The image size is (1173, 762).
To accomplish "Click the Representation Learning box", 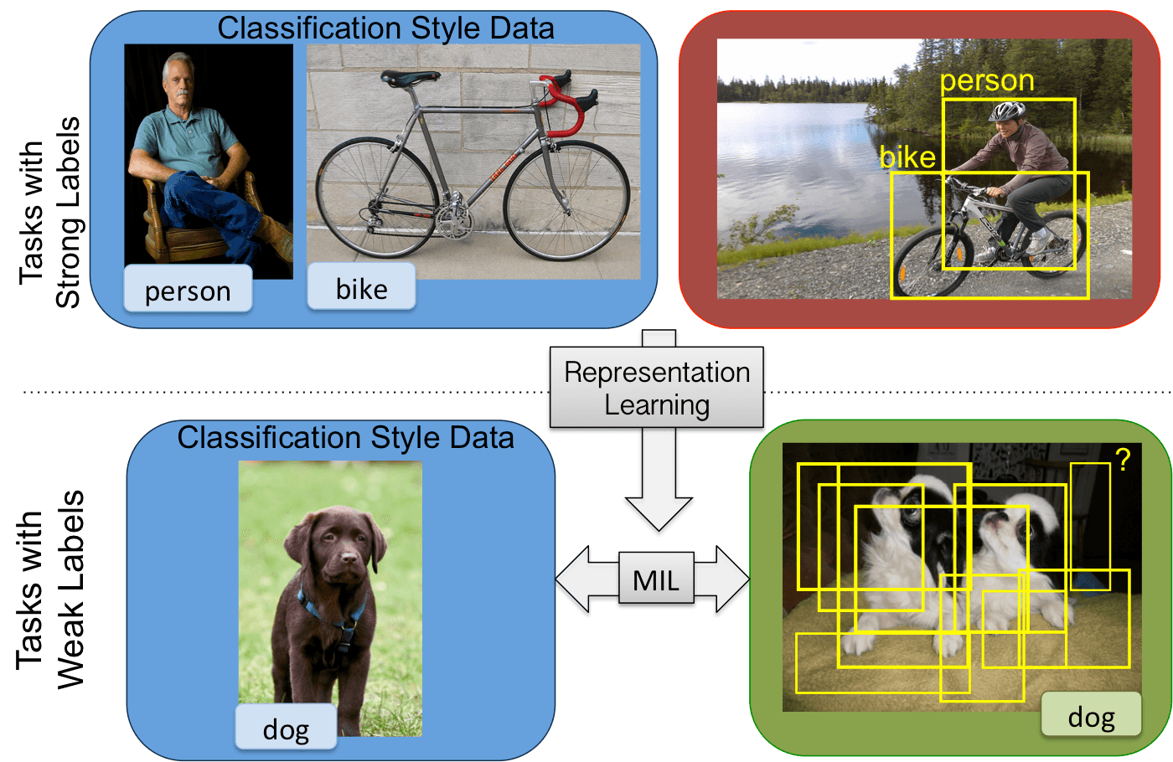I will coord(657,389).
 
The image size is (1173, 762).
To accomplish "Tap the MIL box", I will coord(656,579).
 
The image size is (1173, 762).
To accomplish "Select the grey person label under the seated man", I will coord(188,290).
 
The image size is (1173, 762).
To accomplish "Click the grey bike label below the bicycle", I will coord(361,288).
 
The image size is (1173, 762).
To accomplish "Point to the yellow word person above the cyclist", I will coord(987,81).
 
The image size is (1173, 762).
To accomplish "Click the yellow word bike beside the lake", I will coord(907,157).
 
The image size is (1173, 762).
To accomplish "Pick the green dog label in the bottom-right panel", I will coord(1091,716).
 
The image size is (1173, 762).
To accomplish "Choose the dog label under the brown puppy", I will coord(286,729).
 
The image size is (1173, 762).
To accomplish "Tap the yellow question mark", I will coord(1123,459).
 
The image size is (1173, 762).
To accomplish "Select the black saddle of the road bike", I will coord(410,78).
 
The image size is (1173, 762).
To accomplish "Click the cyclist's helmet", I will coord(1007,111).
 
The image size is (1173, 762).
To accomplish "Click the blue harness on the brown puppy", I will coord(335,620).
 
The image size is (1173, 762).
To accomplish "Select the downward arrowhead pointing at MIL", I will coord(659,515).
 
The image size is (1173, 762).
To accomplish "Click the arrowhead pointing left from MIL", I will coord(573,580).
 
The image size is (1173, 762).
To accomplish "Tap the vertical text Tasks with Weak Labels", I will coord(50,590).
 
